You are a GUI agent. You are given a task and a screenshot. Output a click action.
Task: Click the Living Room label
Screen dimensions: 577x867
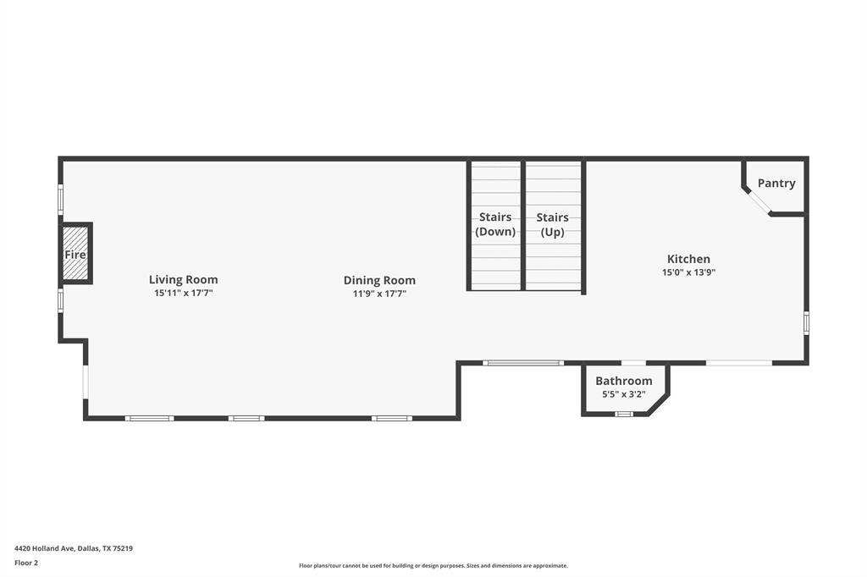point(183,279)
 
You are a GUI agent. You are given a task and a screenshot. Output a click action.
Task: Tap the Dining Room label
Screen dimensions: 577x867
point(379,280)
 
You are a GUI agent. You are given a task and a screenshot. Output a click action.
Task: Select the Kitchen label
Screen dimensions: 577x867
point(688,259)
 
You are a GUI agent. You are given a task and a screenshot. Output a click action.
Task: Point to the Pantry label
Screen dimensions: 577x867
point(776,183)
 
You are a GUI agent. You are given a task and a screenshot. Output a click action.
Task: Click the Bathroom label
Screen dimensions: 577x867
point(623,381)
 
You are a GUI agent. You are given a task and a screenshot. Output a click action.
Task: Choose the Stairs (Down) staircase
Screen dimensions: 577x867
point(495,225)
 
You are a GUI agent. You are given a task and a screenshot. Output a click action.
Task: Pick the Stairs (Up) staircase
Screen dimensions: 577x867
point(553,225)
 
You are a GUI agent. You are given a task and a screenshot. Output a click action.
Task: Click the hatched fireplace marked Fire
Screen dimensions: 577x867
point(75,254)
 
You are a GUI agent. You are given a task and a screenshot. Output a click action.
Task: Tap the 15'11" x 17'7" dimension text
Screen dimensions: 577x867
point(183,294)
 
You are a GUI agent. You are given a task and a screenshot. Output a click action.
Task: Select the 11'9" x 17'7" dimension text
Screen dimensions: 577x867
point(379,294)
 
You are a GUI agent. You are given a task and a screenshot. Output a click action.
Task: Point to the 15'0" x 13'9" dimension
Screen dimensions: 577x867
point(688,272)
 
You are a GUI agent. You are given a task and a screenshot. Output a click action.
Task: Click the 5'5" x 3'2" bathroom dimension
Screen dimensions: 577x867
point(623,394)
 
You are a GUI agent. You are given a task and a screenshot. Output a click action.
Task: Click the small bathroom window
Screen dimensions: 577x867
point(624,414)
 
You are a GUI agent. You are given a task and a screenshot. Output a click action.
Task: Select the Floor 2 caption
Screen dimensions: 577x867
point(26,562)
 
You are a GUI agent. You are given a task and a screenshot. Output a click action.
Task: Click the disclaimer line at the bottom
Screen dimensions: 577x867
point(433,566)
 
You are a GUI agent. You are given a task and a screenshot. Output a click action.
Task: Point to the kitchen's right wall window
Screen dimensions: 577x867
point(806,322)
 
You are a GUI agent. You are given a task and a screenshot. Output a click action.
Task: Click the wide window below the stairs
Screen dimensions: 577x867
point(522,363)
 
